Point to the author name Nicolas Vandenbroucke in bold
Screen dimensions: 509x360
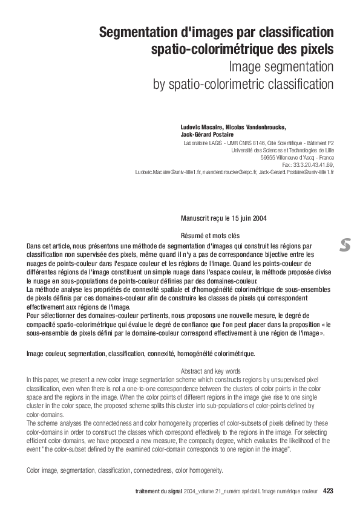(x=257, y=128)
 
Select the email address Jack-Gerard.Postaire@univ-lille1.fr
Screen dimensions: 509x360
(x=296, y=172)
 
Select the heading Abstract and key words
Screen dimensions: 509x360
(x=211, y=371)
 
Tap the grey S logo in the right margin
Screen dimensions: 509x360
(x=345, y=245)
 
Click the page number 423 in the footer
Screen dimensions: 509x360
(x=328, y=491)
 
